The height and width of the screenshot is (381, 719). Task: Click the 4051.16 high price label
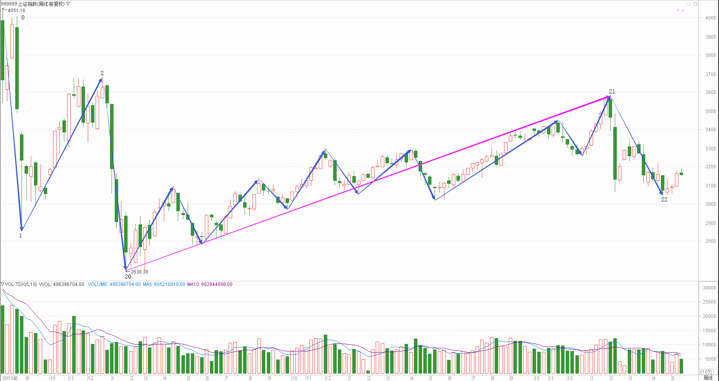coord(16,11)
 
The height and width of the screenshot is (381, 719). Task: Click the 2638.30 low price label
coord(139,272)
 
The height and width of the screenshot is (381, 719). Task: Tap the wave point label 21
coord(612,92)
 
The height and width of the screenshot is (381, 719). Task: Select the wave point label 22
coord(664,199)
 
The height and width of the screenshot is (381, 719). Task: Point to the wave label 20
coord(128,277)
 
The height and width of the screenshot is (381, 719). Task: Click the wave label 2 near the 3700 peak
coord(102,73)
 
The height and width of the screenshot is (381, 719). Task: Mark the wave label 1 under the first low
coord(21,236)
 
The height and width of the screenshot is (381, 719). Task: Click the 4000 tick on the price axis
coord(710,18)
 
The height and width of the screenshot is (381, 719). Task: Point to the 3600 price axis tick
coord(710,92)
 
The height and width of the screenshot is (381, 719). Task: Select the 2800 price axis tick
coord(710,241)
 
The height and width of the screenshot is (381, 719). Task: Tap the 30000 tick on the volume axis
coord(709,288)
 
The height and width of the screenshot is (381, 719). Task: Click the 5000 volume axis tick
coord(710,359)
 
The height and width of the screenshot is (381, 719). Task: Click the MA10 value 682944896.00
coord(217,284)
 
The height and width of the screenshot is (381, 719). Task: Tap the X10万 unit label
coord(705,372)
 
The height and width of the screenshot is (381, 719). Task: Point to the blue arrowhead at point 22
coord(661,193)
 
